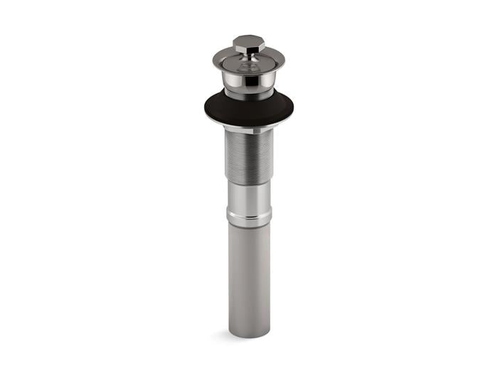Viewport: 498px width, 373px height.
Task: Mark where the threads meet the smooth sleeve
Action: point(249,186)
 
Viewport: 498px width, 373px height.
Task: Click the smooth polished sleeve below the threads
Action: point(249,198)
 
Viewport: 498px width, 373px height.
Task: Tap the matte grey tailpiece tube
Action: point(249,277)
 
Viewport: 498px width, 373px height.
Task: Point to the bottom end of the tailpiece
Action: point(249,334)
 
